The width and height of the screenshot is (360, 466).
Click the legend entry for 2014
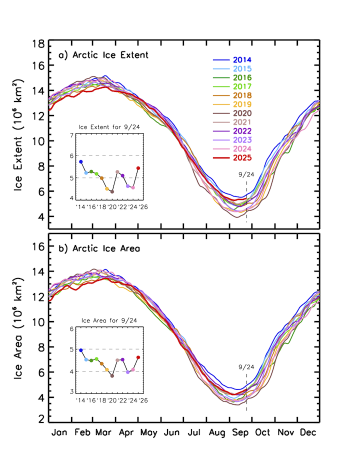[242, 59]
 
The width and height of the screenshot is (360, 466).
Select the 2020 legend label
[242, 113]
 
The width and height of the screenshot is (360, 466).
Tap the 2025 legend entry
[242, 157]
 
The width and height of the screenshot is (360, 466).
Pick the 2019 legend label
[242, 104]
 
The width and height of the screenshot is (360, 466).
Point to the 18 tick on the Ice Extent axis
[36, 43]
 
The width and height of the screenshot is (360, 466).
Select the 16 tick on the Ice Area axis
[36, 246]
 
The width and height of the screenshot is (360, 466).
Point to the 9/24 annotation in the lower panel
[246, 367]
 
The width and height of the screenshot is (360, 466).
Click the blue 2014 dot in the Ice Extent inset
[81, 161]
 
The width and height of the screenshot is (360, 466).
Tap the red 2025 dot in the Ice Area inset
[138, 357]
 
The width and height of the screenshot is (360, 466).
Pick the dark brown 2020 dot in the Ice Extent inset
[112, 191]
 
